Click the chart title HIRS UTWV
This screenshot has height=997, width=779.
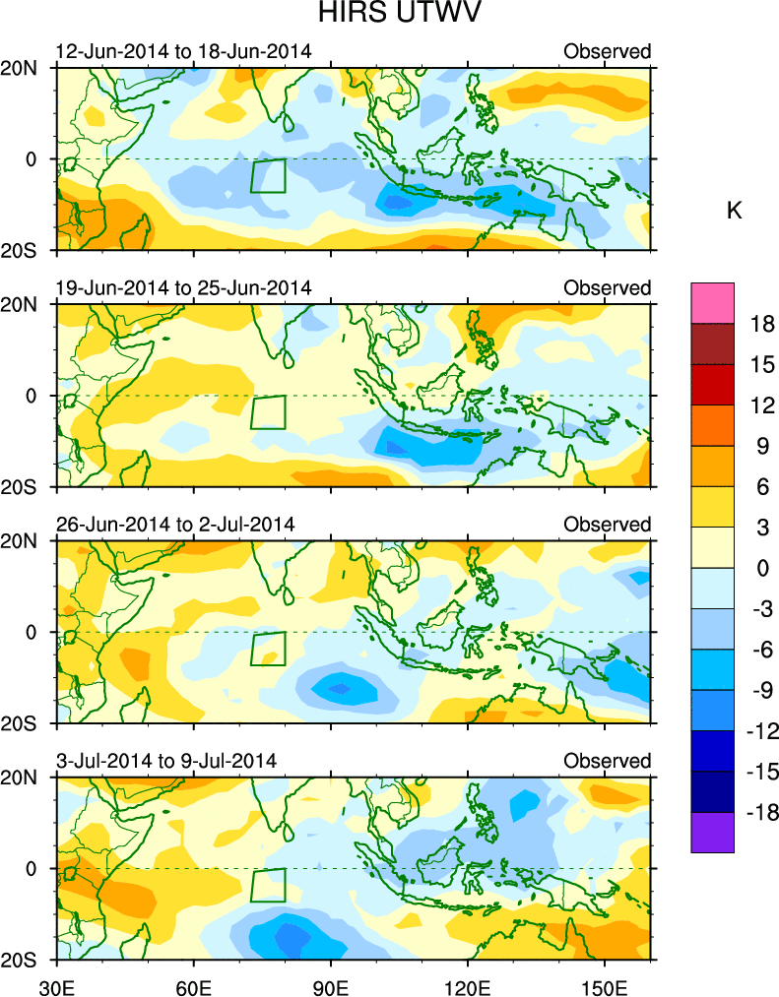[389, 15]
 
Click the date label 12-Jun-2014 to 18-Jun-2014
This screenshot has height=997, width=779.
[183, 51]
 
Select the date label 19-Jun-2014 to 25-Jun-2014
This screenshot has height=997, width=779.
[183, 287]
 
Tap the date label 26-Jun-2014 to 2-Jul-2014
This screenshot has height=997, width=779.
[175, 524]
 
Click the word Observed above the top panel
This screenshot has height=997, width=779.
[607, 51]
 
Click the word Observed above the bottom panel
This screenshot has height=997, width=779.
[607, 760]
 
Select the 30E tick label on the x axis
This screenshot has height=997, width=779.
[55, 982]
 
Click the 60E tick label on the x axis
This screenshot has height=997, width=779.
[193, 982]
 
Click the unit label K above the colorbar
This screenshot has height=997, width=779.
[733, 210]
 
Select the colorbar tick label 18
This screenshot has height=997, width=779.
[760, 324]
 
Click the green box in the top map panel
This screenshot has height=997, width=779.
[268, 176]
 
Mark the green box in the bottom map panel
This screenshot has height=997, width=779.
[268, 885]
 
